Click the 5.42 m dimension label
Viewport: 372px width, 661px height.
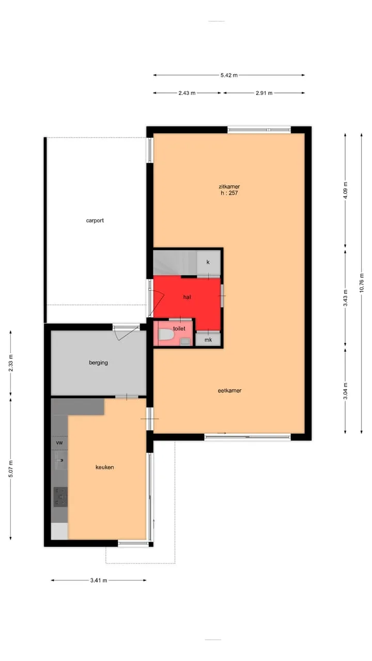[x=229, y=75]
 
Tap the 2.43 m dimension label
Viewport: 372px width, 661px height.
[x=187, y=93]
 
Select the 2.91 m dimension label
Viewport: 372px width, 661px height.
[x=264, y=93]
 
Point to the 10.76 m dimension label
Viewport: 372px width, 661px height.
[x=362, y=283]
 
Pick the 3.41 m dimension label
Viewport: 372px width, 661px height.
[x=99, y=580]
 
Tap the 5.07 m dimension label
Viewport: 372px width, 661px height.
[x=11, y=468]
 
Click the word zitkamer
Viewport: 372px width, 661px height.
[x=229, y=186]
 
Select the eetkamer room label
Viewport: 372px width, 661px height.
[x=229, y=390]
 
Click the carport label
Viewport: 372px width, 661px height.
[x=95, y=221]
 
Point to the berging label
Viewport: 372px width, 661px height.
[x=98, y=363]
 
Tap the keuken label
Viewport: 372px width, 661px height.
[x=104, y=467]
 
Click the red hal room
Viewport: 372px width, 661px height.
[x=187, y=298]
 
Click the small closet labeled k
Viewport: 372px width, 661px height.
[x=208, y=262]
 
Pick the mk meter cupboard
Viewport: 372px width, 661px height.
[x=208, y=340]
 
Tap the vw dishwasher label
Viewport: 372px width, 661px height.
[x=59, y=443]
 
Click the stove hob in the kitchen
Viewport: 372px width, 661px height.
[x=60, y=497]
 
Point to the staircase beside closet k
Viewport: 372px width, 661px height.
[x=175, y=263]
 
